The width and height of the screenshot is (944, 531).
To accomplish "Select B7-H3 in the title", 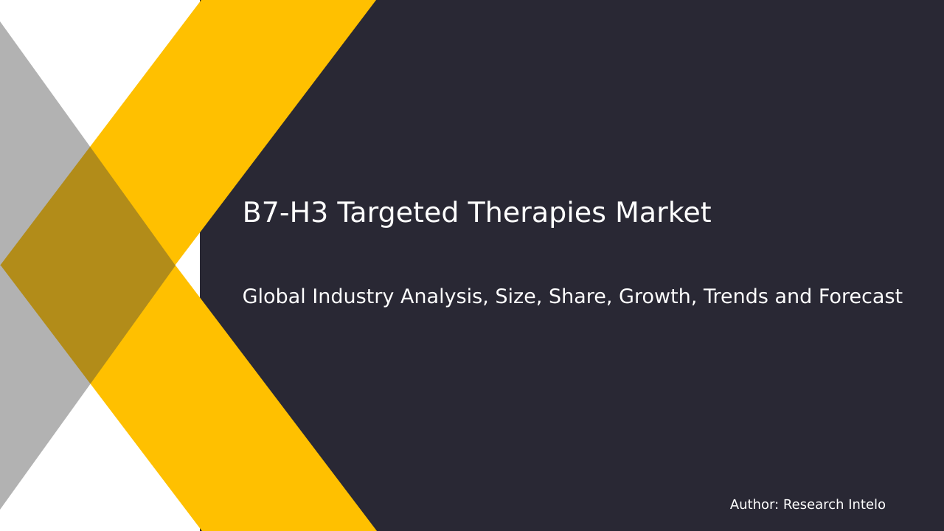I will point(285,214).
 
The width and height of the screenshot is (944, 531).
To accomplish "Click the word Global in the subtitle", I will point(274,297).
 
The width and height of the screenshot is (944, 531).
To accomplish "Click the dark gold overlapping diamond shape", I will point(88,265).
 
